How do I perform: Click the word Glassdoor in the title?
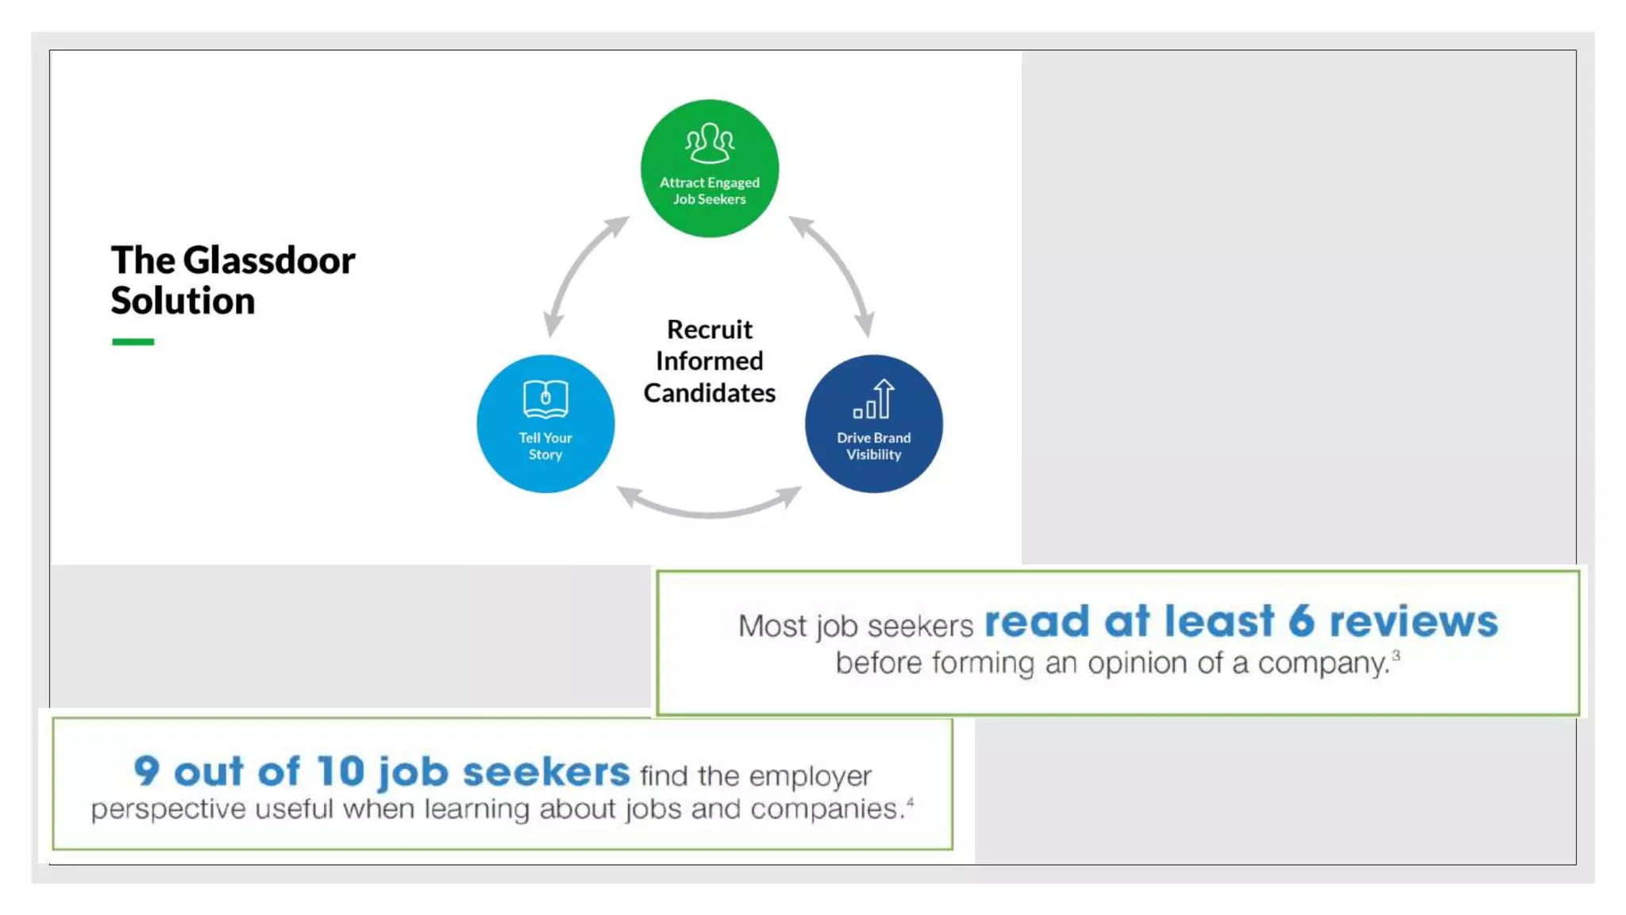pyautogui.click(x=269, y=261)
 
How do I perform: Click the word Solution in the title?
pyautogui.click(x=183, y=301)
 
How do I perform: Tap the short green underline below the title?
pyautogui.click(x=133, y=342)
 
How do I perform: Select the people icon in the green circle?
pyautogui.click(x=709, y=143)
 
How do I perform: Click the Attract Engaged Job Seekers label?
pyautogui.click(x=709, y=191)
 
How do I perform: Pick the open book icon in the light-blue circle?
pyautogui.click(x=545, y=399)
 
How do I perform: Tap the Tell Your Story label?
pyautogui.click(x=545, y=446)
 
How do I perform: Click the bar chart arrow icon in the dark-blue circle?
pyautogui.click(x=874, y=399)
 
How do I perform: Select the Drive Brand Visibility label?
pyautogui.click(x=873, y=446)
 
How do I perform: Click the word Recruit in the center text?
pyautogui.click(x=709, y=330)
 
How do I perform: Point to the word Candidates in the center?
pyautogui.click(x=709, y=393)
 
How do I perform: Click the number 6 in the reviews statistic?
pyautogui.click(x=1301, y=621)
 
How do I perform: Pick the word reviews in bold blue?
pyautogui.click(x=1413, y=621)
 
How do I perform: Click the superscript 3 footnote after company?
pyautogui.click(x=1396, y=655)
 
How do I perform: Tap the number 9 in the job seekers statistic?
pyautogui.click(x=147, y=771)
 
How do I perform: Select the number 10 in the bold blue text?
pyautogui.click(x=340, y=771)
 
